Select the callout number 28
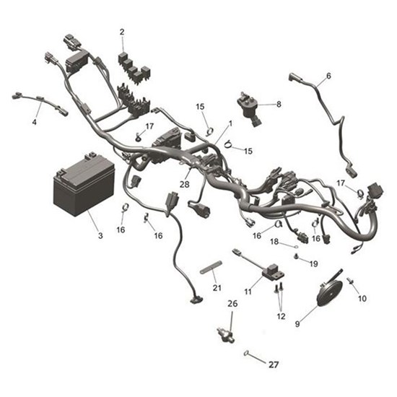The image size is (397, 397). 185,184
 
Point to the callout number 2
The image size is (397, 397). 122,32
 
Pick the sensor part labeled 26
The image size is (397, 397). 226,334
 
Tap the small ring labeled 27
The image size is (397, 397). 246,353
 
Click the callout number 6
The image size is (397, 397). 328,76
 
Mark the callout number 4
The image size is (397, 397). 35,122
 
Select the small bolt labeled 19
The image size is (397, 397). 296,257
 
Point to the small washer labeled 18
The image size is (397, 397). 296,246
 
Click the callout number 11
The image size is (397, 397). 248,292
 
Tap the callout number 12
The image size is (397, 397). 281,316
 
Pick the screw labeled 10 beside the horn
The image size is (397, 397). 351,281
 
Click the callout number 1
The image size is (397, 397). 230,123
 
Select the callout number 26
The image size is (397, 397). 232,303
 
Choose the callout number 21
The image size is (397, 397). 217,288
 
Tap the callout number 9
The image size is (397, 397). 297,324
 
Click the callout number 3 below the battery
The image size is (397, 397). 100,236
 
